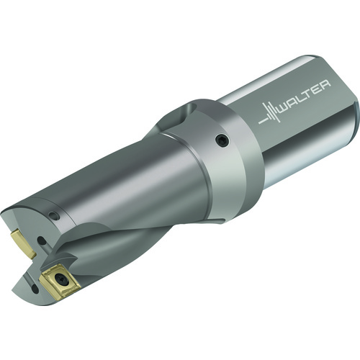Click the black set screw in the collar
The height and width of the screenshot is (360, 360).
[x=222, y=140]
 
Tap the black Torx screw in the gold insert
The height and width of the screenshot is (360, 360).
[x=59, y=279]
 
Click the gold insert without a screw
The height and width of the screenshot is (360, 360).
[x=24, y=243]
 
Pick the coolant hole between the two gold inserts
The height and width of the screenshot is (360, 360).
[x=42, y=241]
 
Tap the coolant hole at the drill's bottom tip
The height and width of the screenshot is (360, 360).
[x=35, y=289]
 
